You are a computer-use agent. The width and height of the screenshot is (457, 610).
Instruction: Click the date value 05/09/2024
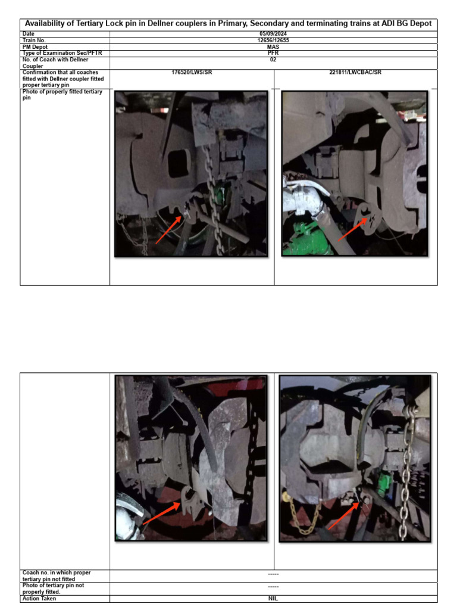(273, 34)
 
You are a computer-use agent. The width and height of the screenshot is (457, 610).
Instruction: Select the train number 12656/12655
(273, 41)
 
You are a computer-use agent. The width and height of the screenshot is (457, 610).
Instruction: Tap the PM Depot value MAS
(273, 47)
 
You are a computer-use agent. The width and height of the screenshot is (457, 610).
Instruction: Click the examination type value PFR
(273, 53)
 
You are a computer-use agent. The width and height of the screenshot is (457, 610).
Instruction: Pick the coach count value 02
(273, 60)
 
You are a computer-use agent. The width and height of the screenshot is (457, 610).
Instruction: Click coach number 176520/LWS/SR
(192, 73)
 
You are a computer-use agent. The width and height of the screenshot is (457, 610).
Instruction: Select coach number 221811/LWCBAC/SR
(355, 73)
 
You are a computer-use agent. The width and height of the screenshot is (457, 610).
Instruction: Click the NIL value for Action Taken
(273, 599)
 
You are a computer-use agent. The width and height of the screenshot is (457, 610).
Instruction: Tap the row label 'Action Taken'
(39, 599)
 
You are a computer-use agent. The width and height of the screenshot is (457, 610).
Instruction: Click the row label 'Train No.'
(34, 41)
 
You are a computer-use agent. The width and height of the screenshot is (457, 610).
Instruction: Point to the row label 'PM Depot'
(35, 47)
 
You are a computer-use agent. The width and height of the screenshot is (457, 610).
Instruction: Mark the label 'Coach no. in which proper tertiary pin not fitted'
(57, 576)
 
